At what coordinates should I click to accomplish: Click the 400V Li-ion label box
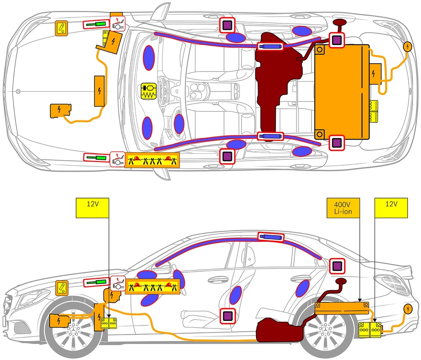point(344,208)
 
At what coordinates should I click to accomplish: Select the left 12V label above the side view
point(93,208)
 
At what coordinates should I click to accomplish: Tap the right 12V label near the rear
point(392,208)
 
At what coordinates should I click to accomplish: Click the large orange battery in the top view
point(342,93)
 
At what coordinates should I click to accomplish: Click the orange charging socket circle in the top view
point(408,47)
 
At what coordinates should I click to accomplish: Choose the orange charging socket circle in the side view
point(408,310)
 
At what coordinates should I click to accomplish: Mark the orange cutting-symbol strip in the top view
point(152,160)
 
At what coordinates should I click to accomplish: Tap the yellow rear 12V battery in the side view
point(370,329)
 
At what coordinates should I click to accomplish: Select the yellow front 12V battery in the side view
point(109,323)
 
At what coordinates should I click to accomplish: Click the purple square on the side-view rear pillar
point(337,266)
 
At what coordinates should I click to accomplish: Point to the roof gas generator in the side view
point(271,237)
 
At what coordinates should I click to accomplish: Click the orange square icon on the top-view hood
point(62,28)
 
